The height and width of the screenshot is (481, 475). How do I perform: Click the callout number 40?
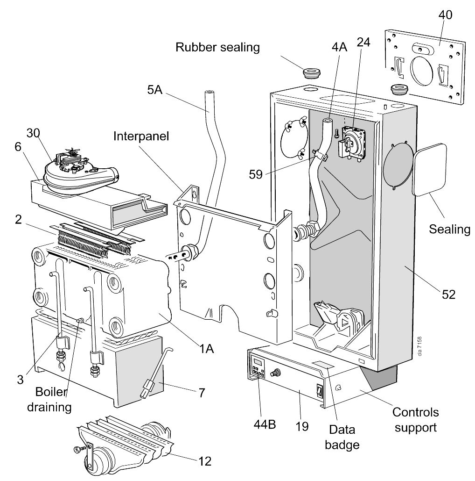[x=445, y=14]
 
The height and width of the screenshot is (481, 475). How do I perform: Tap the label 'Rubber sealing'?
[x=217, y=47]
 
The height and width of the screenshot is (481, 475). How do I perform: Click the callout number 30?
[x=33, y=132]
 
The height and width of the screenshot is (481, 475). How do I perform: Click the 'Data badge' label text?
[x=342, y=437]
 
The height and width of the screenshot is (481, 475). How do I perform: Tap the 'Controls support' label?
[x=415, y=420]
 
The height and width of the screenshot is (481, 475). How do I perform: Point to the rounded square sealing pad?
[x=432, y=169]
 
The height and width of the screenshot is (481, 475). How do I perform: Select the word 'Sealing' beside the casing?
[x=449, y=229]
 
